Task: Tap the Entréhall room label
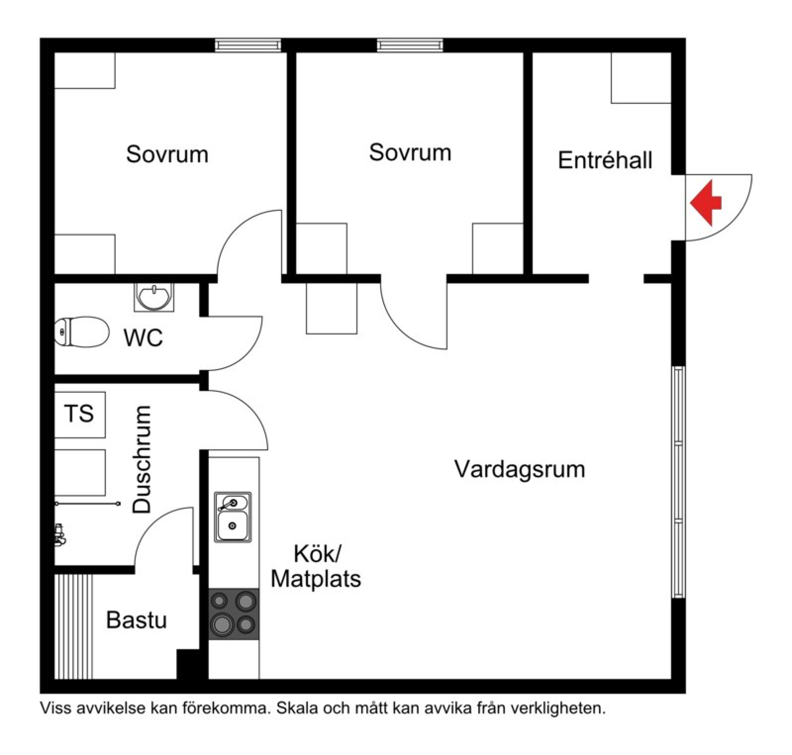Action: pyautogui.click(x=605, y=160)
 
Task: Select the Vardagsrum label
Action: pyautogui.click(x=520, y=469)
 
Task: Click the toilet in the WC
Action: pyautogui.click(x=82, y=332)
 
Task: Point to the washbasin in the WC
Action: pyautogui.click(x=154, y=297)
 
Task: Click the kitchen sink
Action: pyautogui.click(x=232, y=517)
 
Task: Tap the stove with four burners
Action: pyautogui.click(x=234, y=614)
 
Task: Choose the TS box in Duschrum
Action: pyautogui.click(x=79, y=415)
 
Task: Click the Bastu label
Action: pyautogui.click(x=136, y=620)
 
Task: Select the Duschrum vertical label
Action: pyautogui.click(x=142, y=459)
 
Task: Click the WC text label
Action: pyautogui.click(x=143, y=338)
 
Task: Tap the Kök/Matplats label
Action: pyautogui.click(x=316, y=566)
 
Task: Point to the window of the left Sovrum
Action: pyautogui.click(x=248, y=46)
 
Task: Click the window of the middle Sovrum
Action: pyautogui.click(x=410, y=46)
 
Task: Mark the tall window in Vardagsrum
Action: pyautogui.click(x=678, y=482)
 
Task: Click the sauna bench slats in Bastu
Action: pyautogui.click(x=73, y=626)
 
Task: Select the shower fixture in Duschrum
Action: pyautogui.click(x=59, y=535)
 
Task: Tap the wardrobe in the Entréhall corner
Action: pyautogui.click(x=641, y=78)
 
